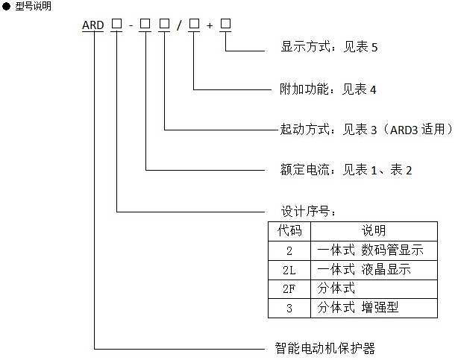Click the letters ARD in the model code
[x=95, y=25]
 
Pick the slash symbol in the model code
[x=179, y=25]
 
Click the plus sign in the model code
[x=210, y=25]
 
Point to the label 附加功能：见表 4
[x=322, y=89]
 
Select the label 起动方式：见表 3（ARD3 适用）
[x=361, y=129]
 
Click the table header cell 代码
[x=289, y=231]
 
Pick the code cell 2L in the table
[x=289, y=269]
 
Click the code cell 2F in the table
[x=289, y=288]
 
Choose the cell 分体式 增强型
[x=358, y=307]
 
